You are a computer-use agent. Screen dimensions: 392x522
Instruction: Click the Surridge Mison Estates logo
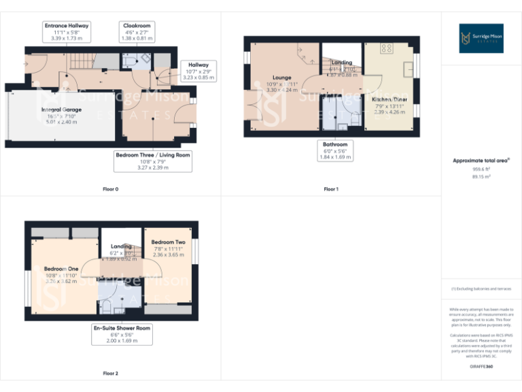tap(481, 38)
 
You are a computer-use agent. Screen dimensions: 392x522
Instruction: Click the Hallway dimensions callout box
tap(198, 71)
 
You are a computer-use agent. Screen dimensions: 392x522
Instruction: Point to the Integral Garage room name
tap(61, 110)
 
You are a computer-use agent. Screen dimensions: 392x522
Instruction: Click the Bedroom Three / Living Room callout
tap(153, 161)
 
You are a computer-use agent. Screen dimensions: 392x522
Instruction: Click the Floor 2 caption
tap(110, 374)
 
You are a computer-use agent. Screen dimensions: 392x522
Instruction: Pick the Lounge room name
tap(282, 78)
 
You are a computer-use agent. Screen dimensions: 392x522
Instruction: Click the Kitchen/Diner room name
tap(389, 99)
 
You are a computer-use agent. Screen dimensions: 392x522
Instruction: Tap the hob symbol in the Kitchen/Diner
tap(388, 48)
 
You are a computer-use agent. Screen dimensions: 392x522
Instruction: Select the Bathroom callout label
tap(334, 150)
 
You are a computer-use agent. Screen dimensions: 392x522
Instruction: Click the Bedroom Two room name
tap(168, 242)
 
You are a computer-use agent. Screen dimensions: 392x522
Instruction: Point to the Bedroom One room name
tap(61, 269)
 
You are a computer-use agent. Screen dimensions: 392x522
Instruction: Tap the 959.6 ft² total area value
tap(481, 169)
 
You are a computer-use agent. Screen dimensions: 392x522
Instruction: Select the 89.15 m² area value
tap(481, 176)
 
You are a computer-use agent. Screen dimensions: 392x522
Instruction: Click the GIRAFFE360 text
tap(481, 367)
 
